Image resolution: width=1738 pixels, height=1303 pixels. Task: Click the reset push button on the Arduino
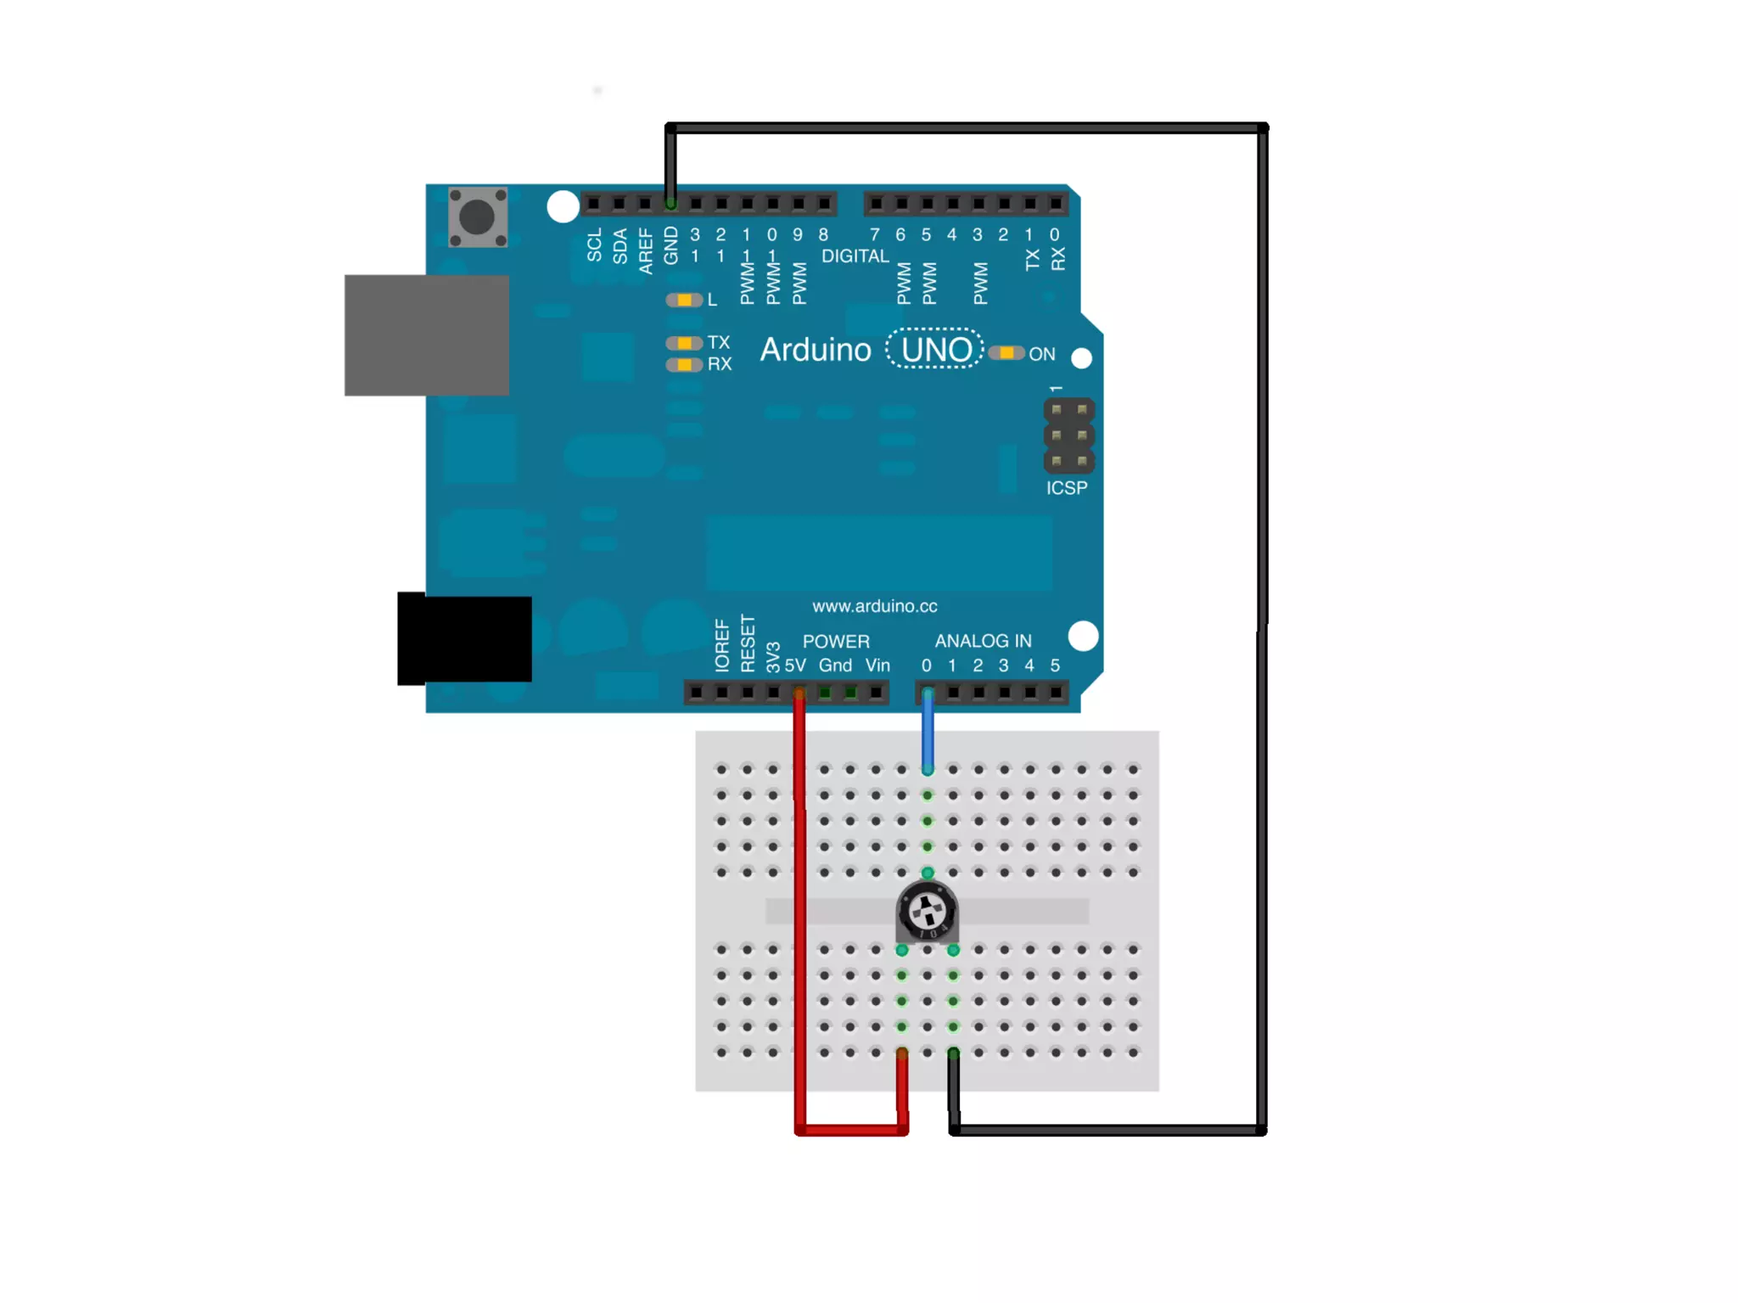point(477,217)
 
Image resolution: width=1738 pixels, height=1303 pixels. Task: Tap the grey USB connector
point(426,334)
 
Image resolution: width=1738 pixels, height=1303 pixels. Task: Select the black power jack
point(464,638)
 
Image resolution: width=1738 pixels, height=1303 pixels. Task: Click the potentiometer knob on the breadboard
point(927,912)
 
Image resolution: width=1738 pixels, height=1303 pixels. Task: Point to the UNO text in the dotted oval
point(935,350)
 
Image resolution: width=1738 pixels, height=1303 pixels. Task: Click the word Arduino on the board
point(815,350)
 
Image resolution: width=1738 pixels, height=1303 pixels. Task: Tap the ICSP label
point(1066,488)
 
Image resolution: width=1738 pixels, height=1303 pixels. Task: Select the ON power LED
point(1006,353)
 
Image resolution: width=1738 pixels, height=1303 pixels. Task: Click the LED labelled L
point(684,300)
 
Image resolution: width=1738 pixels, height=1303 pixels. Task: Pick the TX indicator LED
point(684,343)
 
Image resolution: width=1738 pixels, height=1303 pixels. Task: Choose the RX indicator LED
point(684,365)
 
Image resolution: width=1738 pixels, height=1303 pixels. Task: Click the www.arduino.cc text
point(874,606)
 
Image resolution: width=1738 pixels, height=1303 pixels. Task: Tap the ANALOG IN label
point(983,641)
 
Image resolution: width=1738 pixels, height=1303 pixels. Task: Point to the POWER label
point(836,642)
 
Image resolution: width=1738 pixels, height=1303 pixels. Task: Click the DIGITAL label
point(855,256)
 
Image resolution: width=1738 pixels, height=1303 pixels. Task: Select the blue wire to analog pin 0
point(928,730)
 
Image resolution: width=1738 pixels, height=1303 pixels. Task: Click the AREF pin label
point(646,251)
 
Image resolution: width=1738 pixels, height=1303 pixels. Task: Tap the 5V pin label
point(795,666)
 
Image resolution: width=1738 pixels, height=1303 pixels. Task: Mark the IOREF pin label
point(722,647)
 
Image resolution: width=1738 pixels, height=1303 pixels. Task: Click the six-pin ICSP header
point(1068,435)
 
